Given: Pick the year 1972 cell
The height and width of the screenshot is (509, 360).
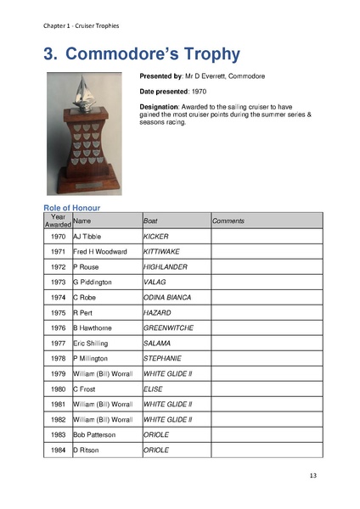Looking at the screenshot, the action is pyautogui.click(x=58, y=267).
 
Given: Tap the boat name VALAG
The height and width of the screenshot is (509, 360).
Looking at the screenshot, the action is pyautogui.click(x=155, y=282).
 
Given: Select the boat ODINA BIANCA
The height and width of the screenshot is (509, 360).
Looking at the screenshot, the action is pyautogui.click(x=167, y=298).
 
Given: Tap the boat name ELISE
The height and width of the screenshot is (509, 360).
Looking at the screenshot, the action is pyautogui.click(x=153, y=389).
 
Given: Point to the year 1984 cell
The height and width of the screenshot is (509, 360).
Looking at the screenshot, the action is pyautogui.click(x=58, y=450).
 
